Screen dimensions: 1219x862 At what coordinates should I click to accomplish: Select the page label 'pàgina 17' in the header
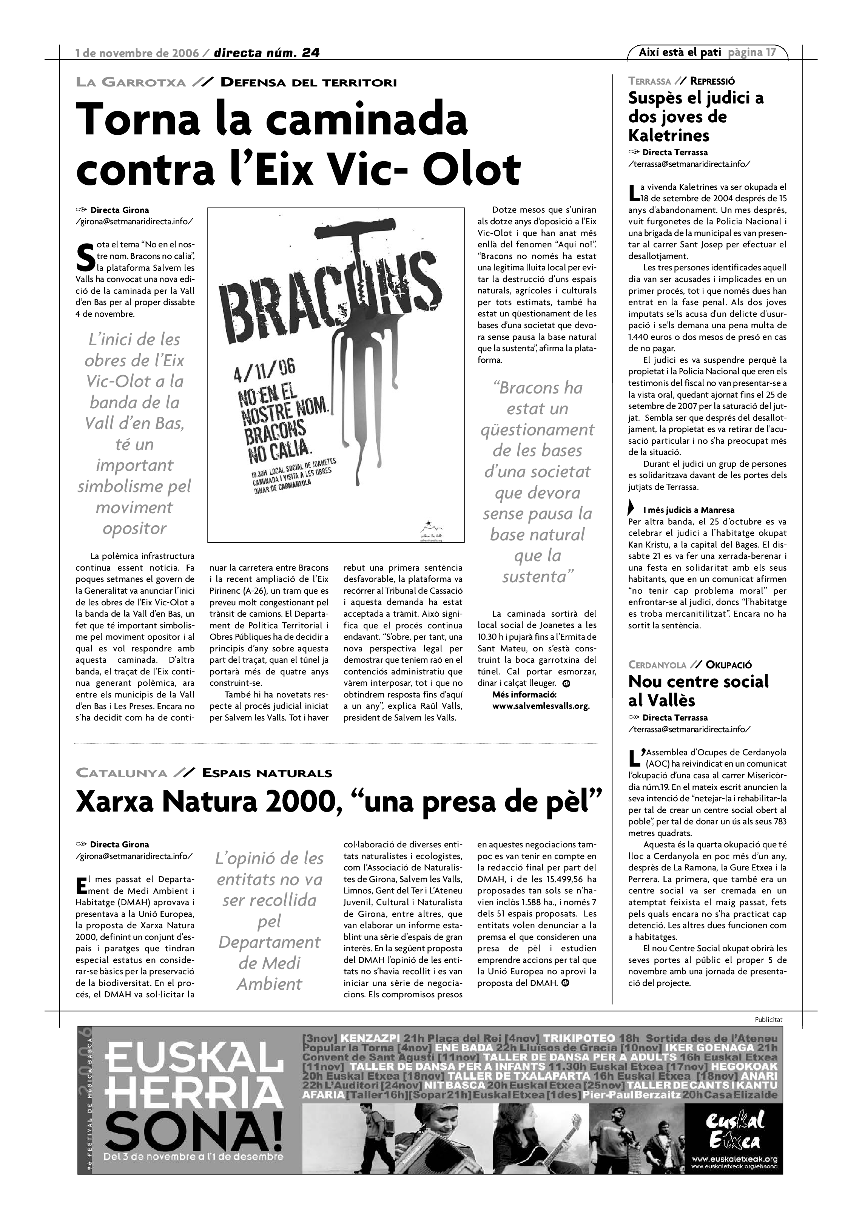(752, 52)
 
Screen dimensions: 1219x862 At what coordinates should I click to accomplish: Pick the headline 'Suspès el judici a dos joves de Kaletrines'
(695, 117)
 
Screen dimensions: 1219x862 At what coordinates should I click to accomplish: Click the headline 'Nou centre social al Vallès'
(698, 691)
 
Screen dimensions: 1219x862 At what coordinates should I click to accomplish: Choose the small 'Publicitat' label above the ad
(768, 1019)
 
